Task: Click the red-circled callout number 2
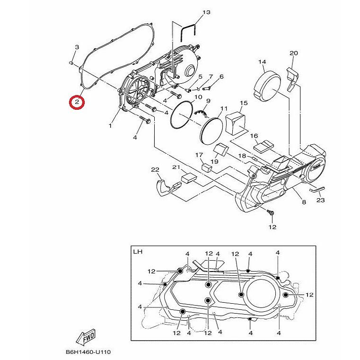point(77,102)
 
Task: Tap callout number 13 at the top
point(207,12)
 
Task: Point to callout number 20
point(294,53)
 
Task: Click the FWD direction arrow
point(86,338)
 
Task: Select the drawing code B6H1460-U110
point(88,352)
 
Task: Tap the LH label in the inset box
point(138,252)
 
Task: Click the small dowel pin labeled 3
point(71,62)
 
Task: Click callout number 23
point(321,200)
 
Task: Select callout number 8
point(304,202)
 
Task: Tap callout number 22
point(155,170)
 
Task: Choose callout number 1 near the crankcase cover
point(110,125)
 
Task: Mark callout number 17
point(199,155)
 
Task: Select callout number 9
point(209,101)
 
